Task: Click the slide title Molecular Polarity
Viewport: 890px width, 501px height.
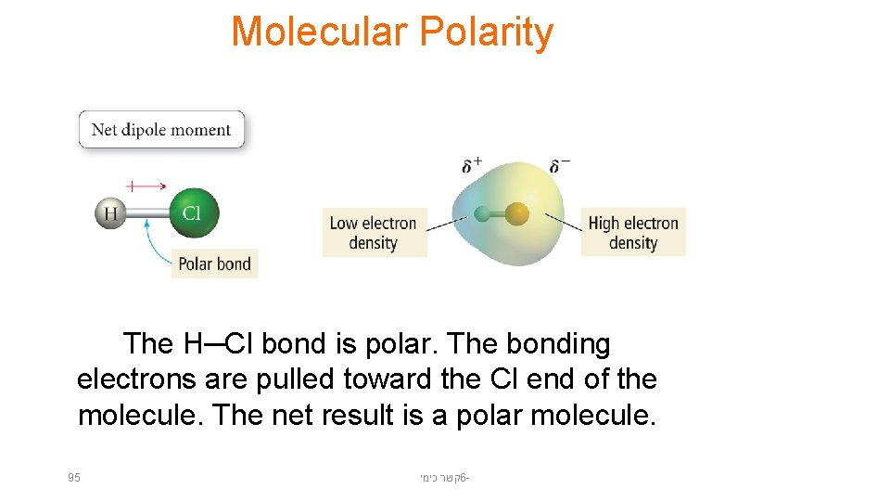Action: (x=391, y=32)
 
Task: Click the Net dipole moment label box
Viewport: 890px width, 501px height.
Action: (x=161, y=130)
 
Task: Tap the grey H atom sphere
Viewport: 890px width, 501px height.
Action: (x=110, y=214)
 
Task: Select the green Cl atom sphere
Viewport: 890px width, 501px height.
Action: (x=193, y=212)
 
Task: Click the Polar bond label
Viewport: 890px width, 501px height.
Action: (x=214, y=263)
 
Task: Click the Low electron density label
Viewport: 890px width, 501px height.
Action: (x=374, y=233)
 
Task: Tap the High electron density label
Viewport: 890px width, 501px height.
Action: (x=633, y=233)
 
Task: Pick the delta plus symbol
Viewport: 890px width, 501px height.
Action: (x=472, y=165)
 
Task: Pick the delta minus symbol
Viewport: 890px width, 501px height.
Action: (x=559, y=165)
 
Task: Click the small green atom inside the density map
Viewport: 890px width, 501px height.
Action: (x=482, y=215)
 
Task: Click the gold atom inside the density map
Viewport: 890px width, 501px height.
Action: (x=516, y=215)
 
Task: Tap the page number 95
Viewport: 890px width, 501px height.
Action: (x=74, y=478)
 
